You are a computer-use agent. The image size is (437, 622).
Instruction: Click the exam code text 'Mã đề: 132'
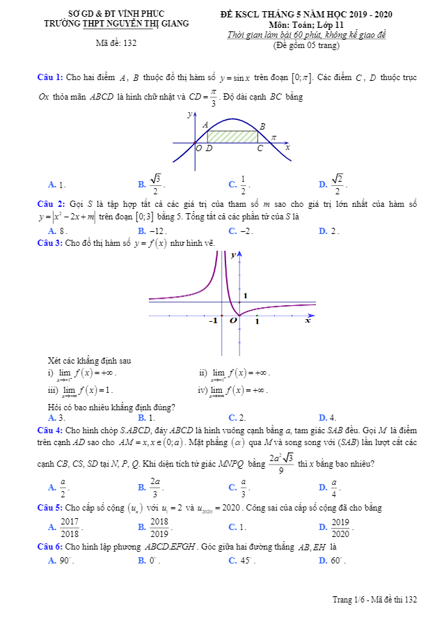coord(116,43)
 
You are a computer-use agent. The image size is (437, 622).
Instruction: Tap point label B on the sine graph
coord(262,126)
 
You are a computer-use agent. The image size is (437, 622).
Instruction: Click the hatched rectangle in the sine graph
coord(234,137)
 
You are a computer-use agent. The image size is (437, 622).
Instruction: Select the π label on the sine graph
coord(273,138)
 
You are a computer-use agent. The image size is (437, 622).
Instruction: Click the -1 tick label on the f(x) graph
coord(213,320)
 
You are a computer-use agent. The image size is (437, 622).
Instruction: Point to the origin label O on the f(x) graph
coord(234,321)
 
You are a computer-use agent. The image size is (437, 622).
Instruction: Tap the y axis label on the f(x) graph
coord(232,256)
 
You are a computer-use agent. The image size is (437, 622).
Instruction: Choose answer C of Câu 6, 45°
coord(242,560)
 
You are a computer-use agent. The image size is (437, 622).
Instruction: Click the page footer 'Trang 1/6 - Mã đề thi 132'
coord(374,599)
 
